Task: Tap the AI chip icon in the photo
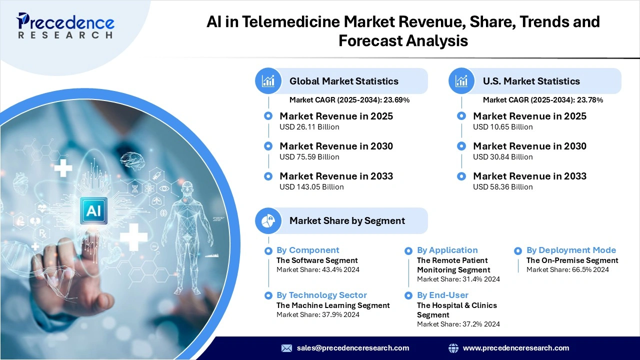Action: (93, 210)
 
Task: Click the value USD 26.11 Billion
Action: (309, 127)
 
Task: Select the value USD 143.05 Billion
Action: (311, 187)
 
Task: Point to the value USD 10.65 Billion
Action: (502, 127)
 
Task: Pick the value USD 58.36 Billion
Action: (502, 187)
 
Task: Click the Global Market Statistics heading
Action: (343, 81)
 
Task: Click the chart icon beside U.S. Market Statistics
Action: (461, 81)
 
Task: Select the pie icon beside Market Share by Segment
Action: (268, 220)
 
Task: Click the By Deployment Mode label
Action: (571, 250)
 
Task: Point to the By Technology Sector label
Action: (321, 295)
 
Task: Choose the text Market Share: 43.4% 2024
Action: (317, 270)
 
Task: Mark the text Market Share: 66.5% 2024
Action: (567, 270)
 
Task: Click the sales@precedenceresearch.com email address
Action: (352, 348)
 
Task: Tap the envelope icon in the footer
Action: (286, 348)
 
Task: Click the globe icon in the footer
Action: (453, 348)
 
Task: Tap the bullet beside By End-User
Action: (408, 295)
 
